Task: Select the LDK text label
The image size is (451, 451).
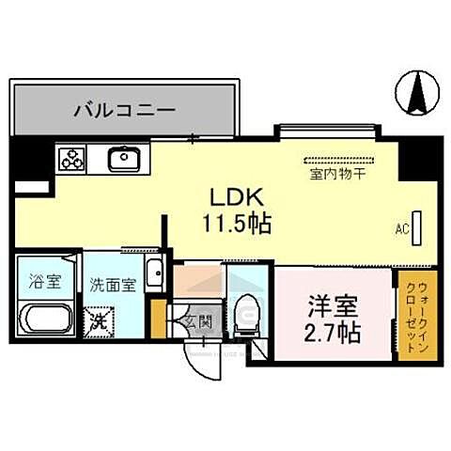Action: pos(241,198)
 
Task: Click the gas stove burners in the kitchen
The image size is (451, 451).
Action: pos(71,160)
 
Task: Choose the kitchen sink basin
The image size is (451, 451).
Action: pos(123,160)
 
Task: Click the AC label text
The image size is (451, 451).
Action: pos(401,228)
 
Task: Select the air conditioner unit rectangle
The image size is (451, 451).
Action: pos(417,226)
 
